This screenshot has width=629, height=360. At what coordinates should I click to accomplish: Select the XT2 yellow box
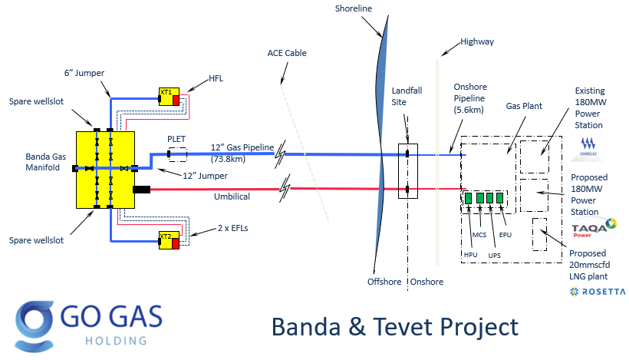pyautogui.click(x=167, y=239)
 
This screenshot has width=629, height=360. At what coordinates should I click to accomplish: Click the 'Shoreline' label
pyautogui.click(x=354, y=8)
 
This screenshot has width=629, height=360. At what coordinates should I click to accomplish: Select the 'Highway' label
pyautogui.click(x=477, y=41)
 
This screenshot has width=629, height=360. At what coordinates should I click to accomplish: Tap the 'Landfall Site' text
pyautogui.click(x=407, y=97)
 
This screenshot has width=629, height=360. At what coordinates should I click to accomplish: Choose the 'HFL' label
pyautogui.click(x=219, y=78)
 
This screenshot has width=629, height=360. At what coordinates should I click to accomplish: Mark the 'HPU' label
pyautogui.click(x=469, y=255)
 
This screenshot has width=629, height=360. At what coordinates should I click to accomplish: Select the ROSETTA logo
pyautogui.click(x=598, y=292)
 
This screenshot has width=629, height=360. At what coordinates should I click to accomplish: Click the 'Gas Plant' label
pyautogui.click(x=523, y=106)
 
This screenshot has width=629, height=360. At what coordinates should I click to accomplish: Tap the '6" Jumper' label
pyautogui.click(x=84, y=73)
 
